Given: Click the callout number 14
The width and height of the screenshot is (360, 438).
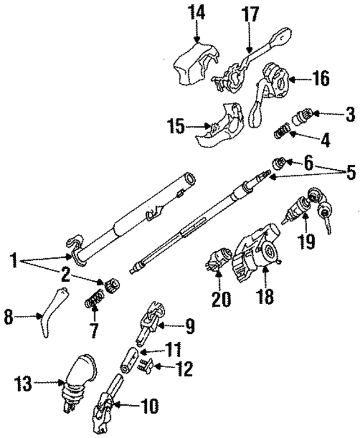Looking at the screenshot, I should pos(197,12).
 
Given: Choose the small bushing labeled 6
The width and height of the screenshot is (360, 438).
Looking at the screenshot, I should pos(277,164).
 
